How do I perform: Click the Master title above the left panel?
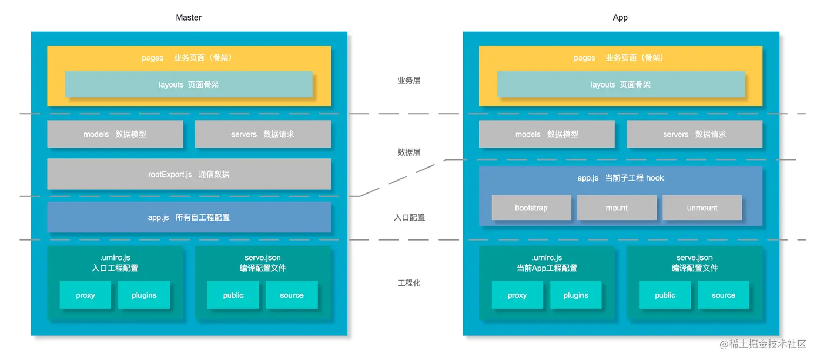189,17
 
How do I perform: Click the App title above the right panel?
620,17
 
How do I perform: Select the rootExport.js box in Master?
189,174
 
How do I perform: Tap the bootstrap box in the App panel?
531,208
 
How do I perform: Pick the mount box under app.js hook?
617,208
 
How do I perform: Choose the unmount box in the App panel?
702,208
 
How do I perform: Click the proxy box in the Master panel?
85,295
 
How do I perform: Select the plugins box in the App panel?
576,295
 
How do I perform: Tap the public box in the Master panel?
233,295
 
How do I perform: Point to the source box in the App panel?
724,295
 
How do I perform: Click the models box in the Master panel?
115,134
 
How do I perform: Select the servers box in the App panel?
694,134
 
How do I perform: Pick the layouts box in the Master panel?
189,84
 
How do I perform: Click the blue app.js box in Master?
189,217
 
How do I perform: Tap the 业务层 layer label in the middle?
409,81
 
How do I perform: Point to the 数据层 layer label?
409,152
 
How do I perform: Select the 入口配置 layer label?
409,217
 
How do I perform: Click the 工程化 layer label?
409,283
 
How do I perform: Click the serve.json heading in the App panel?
694,258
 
